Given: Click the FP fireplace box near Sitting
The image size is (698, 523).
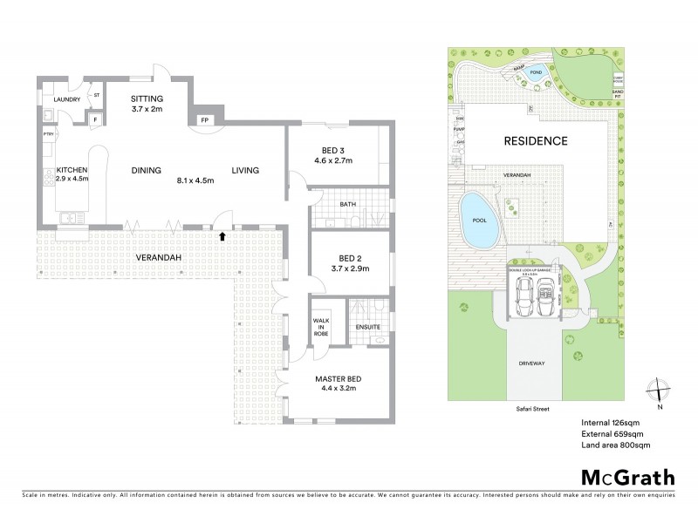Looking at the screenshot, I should click(205, 119).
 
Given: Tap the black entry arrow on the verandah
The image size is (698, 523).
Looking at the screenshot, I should click(223, 235).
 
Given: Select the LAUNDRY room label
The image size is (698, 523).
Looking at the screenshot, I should click(67, 100).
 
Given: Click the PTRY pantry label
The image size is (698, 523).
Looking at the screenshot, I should click(49, 135).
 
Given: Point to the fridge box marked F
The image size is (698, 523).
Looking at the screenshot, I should click(94, 119).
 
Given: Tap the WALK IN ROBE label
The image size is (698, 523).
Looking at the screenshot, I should click(320, 329).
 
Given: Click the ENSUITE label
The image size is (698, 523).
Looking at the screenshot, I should click(368, 327).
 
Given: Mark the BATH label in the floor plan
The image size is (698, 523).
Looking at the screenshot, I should click(347, 204).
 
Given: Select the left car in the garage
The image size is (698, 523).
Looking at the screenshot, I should click(525, 299).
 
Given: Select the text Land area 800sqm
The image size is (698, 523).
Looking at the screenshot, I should click(615, 445).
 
